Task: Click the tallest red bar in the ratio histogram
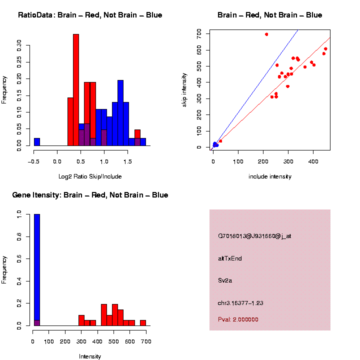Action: coord(76,90)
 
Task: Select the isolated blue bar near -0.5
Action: coord(37,142)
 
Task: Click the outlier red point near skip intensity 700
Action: coord(266,34)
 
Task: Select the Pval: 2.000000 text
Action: coord(238,319)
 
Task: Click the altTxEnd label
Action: coord(230,258)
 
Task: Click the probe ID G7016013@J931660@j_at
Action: coord(254,236)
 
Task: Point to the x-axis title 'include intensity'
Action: coord(270,176)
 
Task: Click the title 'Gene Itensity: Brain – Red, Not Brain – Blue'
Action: coord(90,195)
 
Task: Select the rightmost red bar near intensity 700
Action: coord(143,323)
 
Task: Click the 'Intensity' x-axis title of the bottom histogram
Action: coord(90,356)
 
